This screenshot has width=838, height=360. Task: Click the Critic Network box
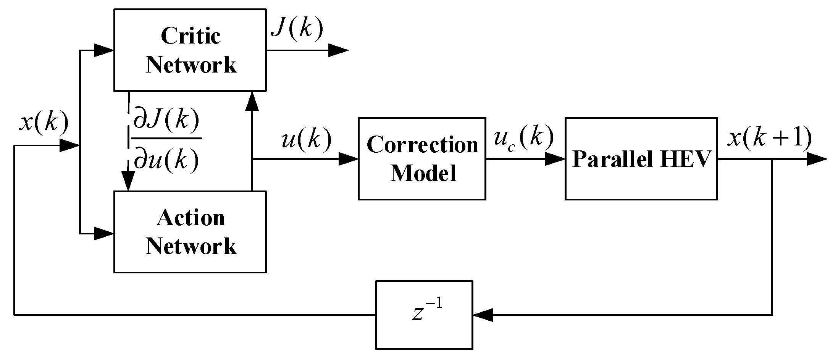pyautogui.click(x=190, y=50)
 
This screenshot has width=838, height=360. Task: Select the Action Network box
pyautogui.click(x=190, y=232)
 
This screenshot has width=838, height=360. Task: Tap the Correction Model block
pyautogui.click(x=422, y=159)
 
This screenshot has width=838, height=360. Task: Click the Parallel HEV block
pyautogui.click(x=641, y=159)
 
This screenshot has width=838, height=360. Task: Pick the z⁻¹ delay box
pyautogui.click(x=424, y=315)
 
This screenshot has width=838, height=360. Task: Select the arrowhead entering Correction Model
pyautogui.click(x=348, y=159)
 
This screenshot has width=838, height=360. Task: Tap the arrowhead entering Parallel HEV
pyautogui.click(x=555, y=159)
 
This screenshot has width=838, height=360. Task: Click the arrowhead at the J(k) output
pyautogui.click(x=338, y=50)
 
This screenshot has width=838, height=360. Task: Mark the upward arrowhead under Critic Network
pyautogui.click(x=252, y=101)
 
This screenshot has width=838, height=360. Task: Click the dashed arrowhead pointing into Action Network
pyautogui.click(x=128, y=181)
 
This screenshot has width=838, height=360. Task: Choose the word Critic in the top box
pyautogui.click(x=191, y=36)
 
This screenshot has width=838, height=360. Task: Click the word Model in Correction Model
pyautogui.click(x=423, y=173)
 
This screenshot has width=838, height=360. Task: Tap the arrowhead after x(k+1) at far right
pyautogui.click(x=817, y=159)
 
